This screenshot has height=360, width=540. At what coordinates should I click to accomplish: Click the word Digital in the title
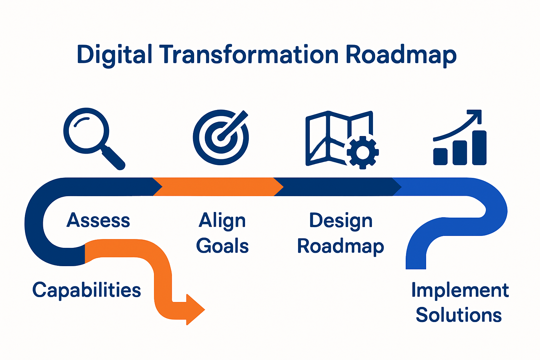(114, 55)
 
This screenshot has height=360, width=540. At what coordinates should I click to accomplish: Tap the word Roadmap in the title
(401, 55)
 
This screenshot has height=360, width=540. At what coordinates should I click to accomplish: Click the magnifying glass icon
(86, 131)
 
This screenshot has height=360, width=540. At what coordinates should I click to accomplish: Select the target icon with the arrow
(221, 137)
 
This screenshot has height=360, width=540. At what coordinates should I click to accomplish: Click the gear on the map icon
(362, 152)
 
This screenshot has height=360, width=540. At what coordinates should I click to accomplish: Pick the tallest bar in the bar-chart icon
(479, 148)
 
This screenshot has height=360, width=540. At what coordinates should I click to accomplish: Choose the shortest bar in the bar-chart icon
(440, 156)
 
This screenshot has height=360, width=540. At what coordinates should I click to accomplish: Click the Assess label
(98, 220)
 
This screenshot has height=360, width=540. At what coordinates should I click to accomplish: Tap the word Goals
(222, 246)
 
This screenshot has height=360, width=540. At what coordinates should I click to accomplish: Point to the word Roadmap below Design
(340, 246)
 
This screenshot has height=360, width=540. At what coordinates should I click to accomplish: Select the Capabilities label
(86, 290)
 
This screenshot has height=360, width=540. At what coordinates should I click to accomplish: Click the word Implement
(460, 290)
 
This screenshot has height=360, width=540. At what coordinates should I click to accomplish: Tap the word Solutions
(458, 315)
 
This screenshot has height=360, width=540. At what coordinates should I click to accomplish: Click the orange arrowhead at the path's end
(195, 310)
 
